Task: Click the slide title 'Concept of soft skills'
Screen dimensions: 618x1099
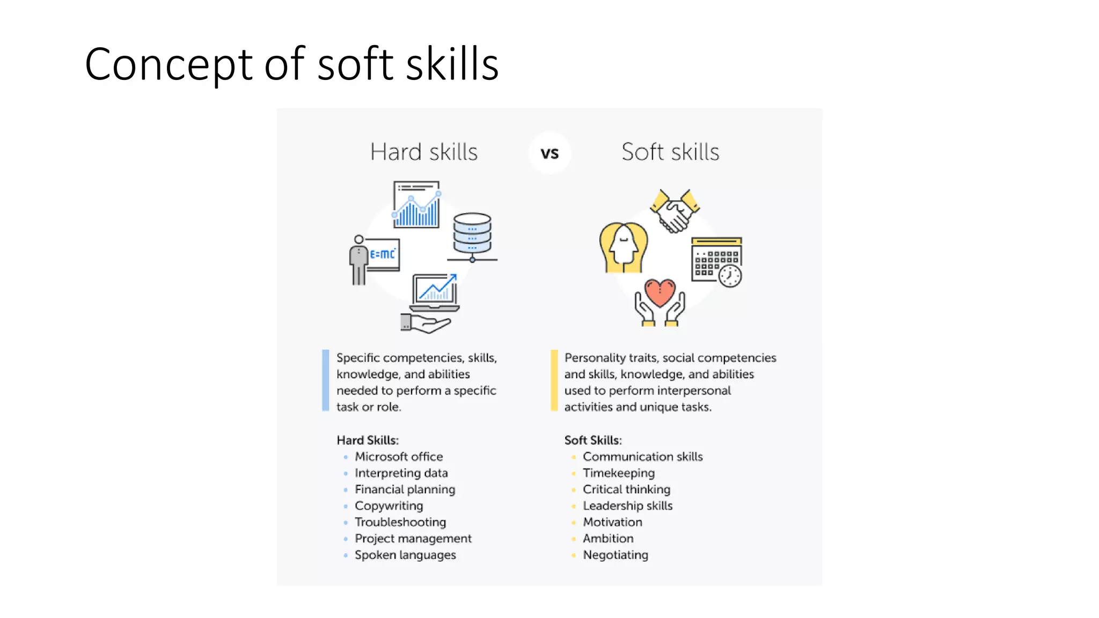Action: click(x=291, y=64)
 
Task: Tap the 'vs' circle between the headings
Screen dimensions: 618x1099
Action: click(x=549, y=153)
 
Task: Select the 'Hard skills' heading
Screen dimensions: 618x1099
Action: click(x=423, y=152)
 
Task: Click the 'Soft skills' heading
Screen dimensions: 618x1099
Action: click(x=670, y=152)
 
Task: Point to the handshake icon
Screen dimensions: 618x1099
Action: click(x=675, y=211)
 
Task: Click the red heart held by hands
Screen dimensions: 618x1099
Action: click(x=660, y=293)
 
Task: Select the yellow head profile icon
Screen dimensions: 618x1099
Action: click(x=623, y=248)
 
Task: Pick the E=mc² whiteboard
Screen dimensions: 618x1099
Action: click(x=383, y=254)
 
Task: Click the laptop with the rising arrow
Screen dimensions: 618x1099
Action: click(x=435, y=292)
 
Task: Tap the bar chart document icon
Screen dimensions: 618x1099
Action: click(x=416, y=205)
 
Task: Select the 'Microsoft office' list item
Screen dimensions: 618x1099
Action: click(x=399, y=457)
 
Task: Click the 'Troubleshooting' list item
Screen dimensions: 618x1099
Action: click(x=400, y=522)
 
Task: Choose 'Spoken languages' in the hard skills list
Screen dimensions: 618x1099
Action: click(x=405, y=555)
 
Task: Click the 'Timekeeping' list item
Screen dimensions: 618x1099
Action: click(x=619, y=473)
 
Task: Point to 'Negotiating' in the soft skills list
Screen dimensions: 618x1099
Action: click(x=616, y=555)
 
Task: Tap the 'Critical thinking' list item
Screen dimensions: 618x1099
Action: click(x=626, y=489)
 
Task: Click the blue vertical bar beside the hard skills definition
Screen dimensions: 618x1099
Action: click(x=325, y=380)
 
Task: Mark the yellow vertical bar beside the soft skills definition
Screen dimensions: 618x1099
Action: click(x=554, y=380)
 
